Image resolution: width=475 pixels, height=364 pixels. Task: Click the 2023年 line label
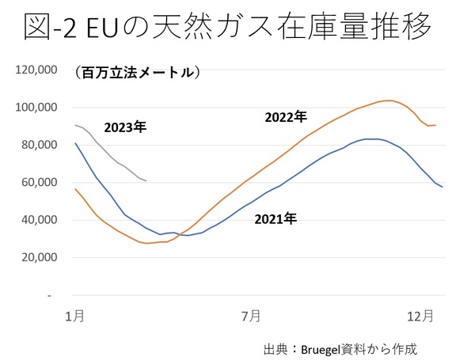pos(126,126)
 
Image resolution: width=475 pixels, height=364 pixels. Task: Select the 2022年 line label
pos(285,117)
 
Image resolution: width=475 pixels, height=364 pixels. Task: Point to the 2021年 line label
pos(275,218)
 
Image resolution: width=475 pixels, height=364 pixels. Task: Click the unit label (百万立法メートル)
pos(138,73)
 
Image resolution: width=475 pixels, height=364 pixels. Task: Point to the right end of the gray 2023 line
pos(146,181)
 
